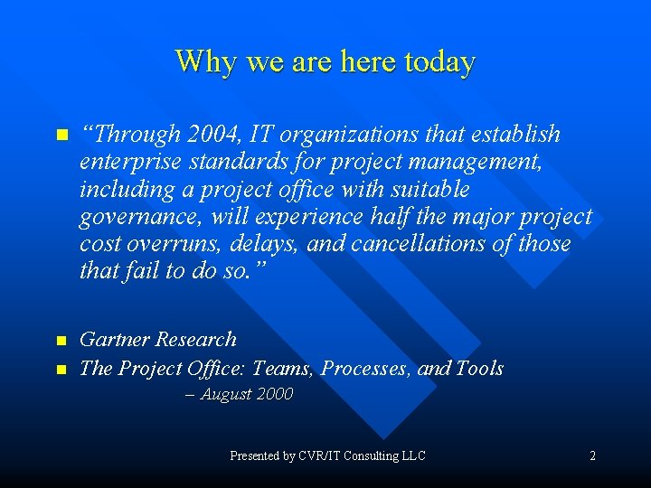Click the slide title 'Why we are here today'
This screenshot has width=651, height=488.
[x=325, y=61]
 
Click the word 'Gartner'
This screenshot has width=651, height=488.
[x=114, y=340]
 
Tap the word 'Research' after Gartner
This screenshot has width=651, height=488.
[x=195, y=340]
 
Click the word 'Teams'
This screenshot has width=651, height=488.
[x=282, y=368]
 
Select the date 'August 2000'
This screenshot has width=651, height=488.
[x=246, y=395]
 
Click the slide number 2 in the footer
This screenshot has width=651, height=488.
[x=592, y=456]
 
